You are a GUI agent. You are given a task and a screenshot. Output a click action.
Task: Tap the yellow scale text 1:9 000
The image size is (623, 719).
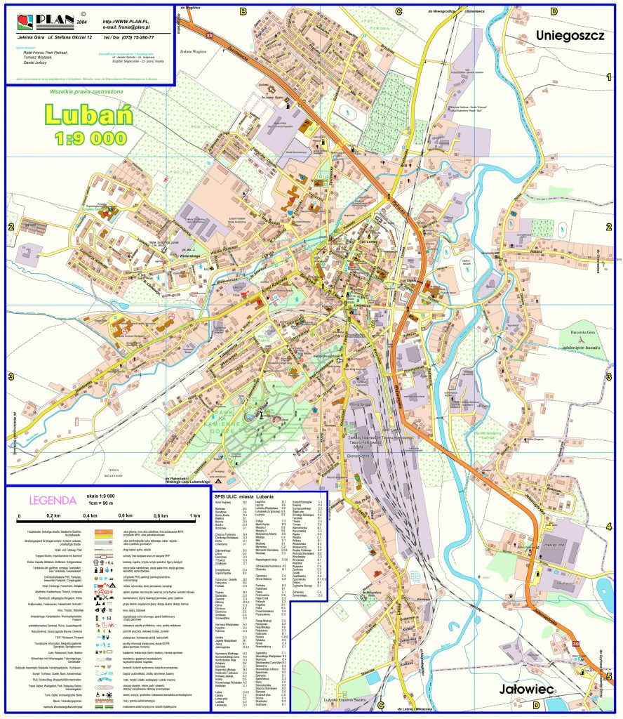click(x=90, y=138)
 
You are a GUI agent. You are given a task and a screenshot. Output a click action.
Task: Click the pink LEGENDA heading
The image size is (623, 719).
click(x=51, y=501)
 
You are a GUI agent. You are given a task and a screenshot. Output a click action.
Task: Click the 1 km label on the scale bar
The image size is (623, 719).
click(x=195, y=516)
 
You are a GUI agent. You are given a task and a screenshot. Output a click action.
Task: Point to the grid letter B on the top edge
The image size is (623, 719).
click(x=243, y=11)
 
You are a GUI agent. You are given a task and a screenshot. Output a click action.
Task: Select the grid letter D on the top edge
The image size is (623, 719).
click(x=554, y=11)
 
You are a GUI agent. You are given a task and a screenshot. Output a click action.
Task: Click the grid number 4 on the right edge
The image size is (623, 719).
click(x=609, y=527)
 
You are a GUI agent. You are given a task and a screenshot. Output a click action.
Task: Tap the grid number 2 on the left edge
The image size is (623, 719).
click(x=11, y=227)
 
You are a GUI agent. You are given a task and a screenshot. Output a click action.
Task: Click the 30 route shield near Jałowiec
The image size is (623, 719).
click(x=576, y=644)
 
